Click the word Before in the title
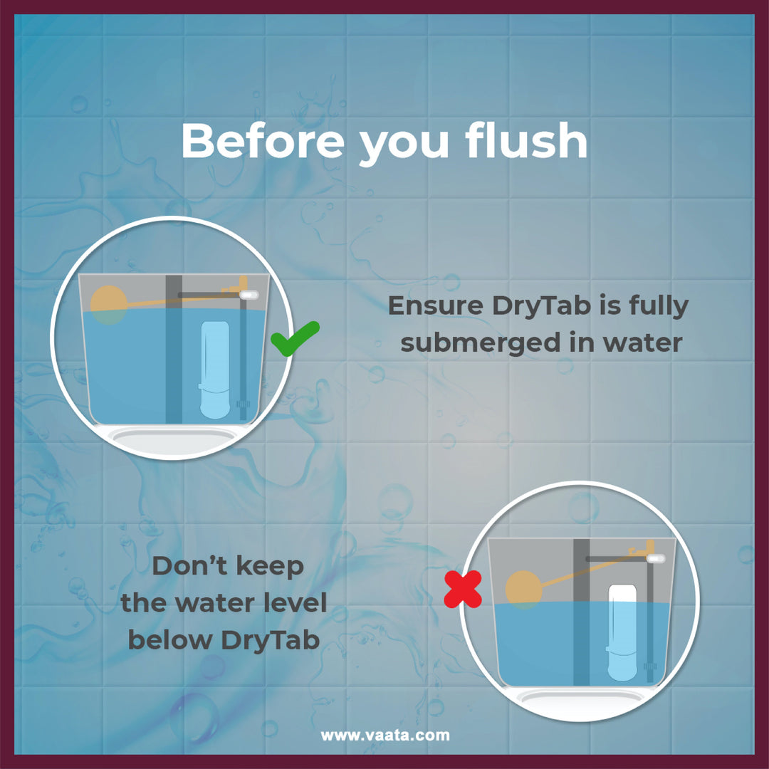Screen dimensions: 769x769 point(263,140)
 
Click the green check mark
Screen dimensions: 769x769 point(295,338)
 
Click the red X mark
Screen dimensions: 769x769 point(463,589)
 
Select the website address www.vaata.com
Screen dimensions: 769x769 point(385,735)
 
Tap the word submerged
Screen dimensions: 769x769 point(481,342)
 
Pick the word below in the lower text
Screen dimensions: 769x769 point(169,640)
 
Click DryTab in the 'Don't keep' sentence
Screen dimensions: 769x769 point(271,641)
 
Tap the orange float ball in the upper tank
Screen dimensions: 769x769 point(109,305)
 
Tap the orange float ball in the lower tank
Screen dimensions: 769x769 point(524,590)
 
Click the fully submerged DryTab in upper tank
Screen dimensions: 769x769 point(215,370)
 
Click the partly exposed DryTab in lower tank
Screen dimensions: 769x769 point(622,633)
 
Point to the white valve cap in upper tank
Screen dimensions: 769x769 point(250,295)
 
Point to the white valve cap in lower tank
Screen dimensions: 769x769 point(656,558)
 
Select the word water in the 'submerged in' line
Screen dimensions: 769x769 point(642,342)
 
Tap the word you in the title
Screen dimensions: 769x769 point(404,146)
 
